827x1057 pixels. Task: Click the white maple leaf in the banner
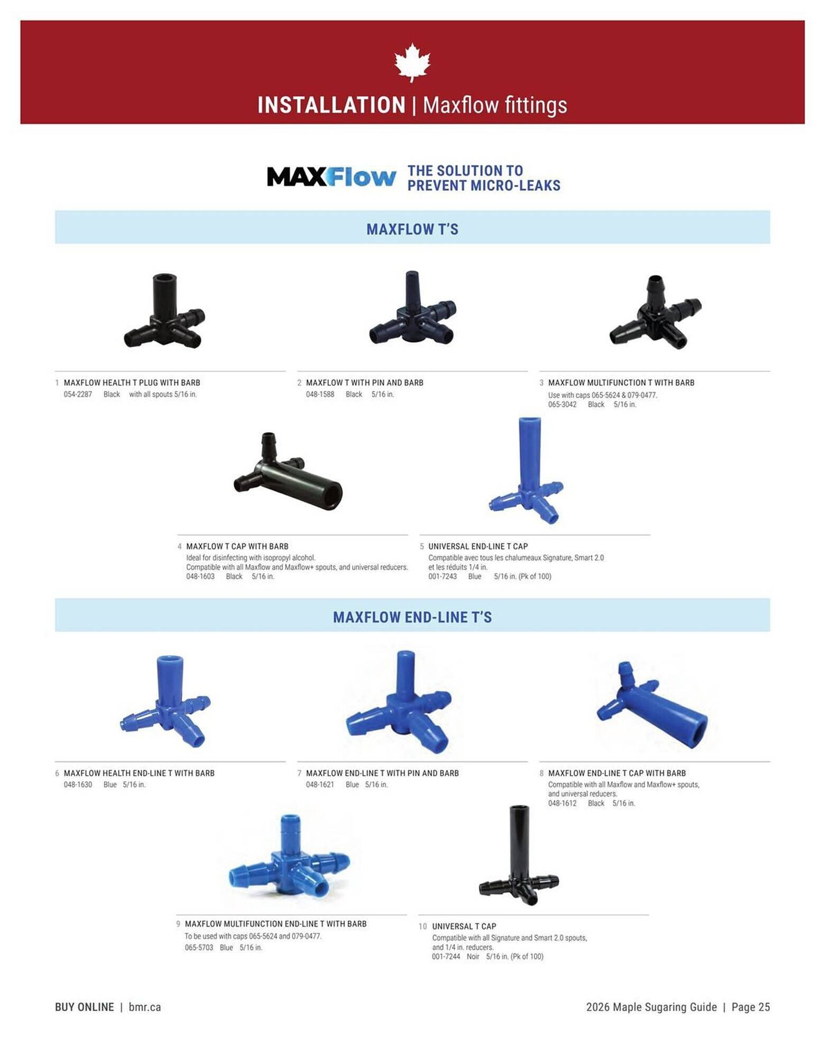point(412,63)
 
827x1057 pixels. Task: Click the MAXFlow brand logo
point(331,177)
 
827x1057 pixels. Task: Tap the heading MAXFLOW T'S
point(412,229)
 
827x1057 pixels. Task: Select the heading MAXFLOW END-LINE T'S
point(412,617)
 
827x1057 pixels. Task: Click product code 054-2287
point(78,394)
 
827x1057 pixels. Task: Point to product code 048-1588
point(320,394)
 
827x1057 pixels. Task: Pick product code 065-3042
point(562,404)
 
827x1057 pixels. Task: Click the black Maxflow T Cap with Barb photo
point(288,473)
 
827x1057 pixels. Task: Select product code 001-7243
point(442,576)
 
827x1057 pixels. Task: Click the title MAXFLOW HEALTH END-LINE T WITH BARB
point(139,773)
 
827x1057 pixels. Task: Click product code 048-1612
point(562,803)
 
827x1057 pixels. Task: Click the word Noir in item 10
point(473,956)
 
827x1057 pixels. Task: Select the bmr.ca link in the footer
point(144,1007)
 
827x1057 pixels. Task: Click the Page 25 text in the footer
point(750,1007)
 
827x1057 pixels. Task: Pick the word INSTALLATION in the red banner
point(331,105)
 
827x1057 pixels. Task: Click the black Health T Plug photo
point(164,312)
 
